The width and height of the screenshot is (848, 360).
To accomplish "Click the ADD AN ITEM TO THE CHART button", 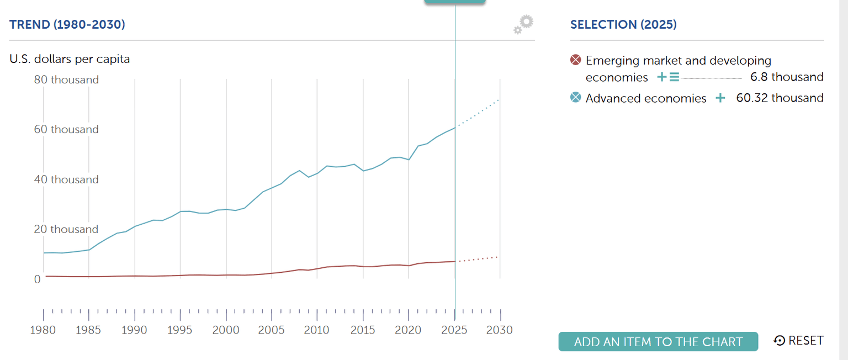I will (658, 342).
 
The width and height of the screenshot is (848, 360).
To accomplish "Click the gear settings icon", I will (523, 24).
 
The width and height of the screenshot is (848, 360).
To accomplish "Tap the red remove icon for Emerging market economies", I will (576, 60).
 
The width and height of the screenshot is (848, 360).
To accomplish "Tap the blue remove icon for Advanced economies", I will (576, 98).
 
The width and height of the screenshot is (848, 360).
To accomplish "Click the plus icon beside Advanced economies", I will (720, 98).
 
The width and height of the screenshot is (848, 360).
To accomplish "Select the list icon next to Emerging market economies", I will (674, 77).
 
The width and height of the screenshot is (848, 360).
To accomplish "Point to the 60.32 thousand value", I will (780, 98).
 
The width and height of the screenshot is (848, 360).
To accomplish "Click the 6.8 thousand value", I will (787, 77).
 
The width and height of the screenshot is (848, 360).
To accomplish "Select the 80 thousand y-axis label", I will (66, 80).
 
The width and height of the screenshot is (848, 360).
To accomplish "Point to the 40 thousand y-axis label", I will (66, 179).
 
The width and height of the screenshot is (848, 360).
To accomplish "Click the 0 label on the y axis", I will (38, 279).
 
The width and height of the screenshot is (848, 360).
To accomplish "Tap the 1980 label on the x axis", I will (44, 330).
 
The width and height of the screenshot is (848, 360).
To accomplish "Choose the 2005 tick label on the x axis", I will (272, 330).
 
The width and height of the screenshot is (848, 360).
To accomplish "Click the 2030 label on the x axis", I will (500, 330).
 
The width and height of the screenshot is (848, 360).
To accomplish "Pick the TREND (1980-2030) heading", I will (67, 24).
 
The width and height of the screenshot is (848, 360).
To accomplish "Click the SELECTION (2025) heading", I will (623, 24).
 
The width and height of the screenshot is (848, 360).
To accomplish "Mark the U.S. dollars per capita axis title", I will (70, 59).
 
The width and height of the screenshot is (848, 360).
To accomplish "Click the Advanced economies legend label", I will (646, 98).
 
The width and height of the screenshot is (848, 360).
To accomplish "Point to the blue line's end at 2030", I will (499, 100).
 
